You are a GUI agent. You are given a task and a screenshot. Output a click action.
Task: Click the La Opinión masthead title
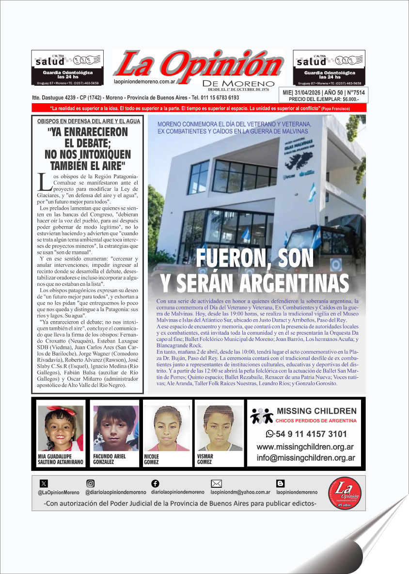(x=199, y=64)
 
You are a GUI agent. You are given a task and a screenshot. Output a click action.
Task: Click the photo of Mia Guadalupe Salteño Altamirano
(x=60, y=428)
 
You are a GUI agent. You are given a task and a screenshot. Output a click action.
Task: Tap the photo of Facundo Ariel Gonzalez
(x=115, y=428)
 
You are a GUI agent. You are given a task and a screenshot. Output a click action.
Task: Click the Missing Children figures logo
(x=262, y=416)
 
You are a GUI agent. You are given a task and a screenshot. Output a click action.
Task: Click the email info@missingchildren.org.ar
(x=306, y=457)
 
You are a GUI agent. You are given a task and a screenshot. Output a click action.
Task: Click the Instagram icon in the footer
(x=90, y=483)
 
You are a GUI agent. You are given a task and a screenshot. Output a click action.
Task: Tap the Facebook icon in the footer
(x=155, y=483)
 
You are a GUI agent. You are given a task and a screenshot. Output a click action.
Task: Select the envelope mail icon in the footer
(x=217, y=483)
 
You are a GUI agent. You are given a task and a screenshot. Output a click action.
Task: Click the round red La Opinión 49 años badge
(x=345, y=494)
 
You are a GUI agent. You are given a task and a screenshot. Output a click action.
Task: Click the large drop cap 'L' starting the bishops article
(x=44, y=182)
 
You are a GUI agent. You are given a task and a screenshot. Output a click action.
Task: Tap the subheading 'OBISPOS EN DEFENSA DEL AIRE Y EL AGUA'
(x=88, y=121)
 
